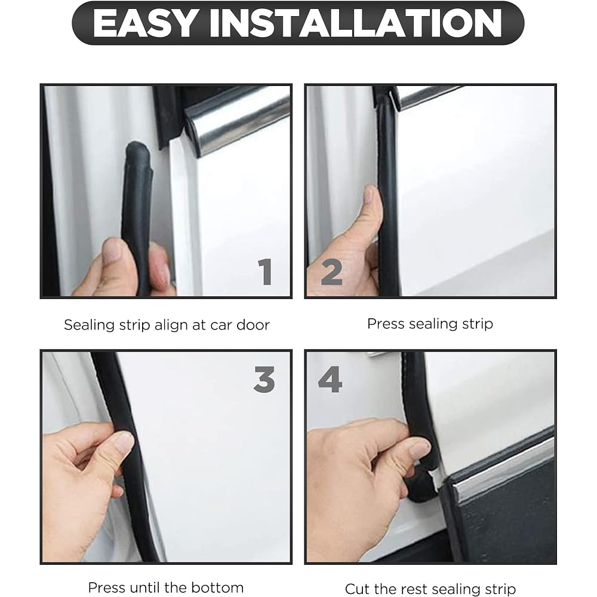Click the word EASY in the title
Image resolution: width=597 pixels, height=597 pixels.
[145, 23]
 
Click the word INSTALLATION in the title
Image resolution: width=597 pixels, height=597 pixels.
[356, 23]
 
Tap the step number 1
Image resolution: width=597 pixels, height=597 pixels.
[266, 272]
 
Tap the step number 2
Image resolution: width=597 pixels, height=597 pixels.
[331, 272]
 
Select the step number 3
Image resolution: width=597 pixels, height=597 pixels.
[264, 379]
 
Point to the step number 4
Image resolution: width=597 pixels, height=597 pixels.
[330, 379]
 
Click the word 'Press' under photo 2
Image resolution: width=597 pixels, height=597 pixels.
[385, 324]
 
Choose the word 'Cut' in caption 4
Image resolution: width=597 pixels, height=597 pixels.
[358, 589]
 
